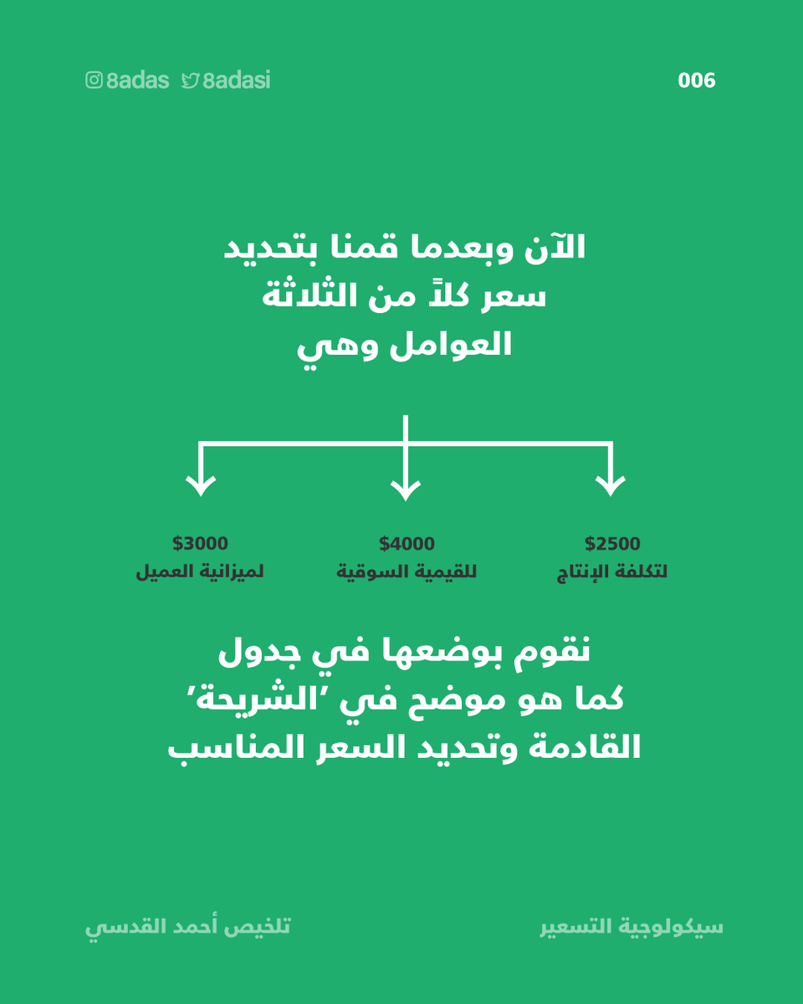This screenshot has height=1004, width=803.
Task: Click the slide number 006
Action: (697, 80)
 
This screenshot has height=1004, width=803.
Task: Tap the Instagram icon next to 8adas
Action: (95, 80)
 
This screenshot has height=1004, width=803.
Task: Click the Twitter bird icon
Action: (190, 80)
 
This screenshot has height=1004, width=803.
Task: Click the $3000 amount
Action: (200, 544)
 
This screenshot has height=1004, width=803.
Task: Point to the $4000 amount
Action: (407, 544)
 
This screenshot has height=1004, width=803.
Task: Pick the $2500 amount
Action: (612, 544)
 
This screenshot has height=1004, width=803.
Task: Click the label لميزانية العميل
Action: (200, 573)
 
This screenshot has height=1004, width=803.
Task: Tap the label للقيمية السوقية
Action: (407, 573)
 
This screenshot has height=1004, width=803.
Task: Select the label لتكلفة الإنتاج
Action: (612, 573)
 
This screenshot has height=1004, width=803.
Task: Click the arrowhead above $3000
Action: (200, 485)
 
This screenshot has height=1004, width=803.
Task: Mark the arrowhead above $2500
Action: (611, 485)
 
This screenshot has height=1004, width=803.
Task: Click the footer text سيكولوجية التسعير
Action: (632, 928)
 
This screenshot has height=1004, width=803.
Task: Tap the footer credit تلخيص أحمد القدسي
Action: (188, 928)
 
